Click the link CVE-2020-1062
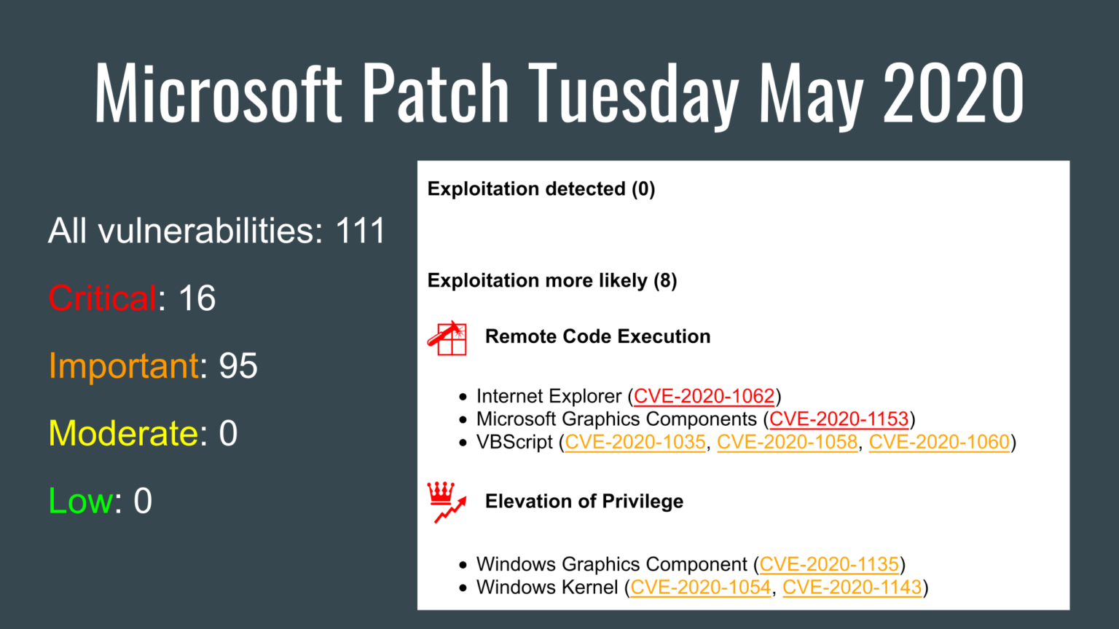[x=704, y=396]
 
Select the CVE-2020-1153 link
[x=839, y=419]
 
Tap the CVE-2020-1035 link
[x=635, y=442]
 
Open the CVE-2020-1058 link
[x=787, y=442]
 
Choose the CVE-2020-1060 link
[x=939, y=442]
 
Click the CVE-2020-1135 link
[x=829, y=564]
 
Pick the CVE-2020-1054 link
[x=700, y=588]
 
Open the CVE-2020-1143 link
[x=852, y=588]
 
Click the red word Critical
[x=102, y=298]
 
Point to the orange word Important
[x=124, y=366]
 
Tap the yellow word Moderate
[x=123, y=434]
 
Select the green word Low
[x=80, y=501]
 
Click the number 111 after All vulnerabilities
[x=360, y=232]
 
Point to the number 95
[x=238, y=366]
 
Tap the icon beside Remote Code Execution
[x=447, y=338]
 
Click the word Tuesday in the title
[x=633, y=93]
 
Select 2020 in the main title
[x=953, y=93]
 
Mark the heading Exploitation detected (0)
[x=541, y=189]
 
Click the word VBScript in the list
[x=514, y=442]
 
